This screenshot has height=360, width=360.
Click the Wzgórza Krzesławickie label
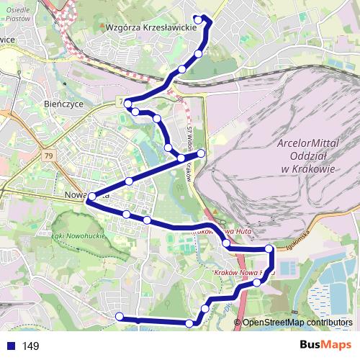click(x=150, y=28)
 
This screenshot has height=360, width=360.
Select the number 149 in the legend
click(x=30, y=346)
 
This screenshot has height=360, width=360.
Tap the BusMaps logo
click(x=325, y=346)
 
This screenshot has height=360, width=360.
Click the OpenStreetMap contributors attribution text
click(x=297, y=323)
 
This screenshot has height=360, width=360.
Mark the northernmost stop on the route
click(x=199, y=19)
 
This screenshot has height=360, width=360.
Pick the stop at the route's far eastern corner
click(x=270, y=249)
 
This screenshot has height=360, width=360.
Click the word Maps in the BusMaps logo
click(x=338, y=346)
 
